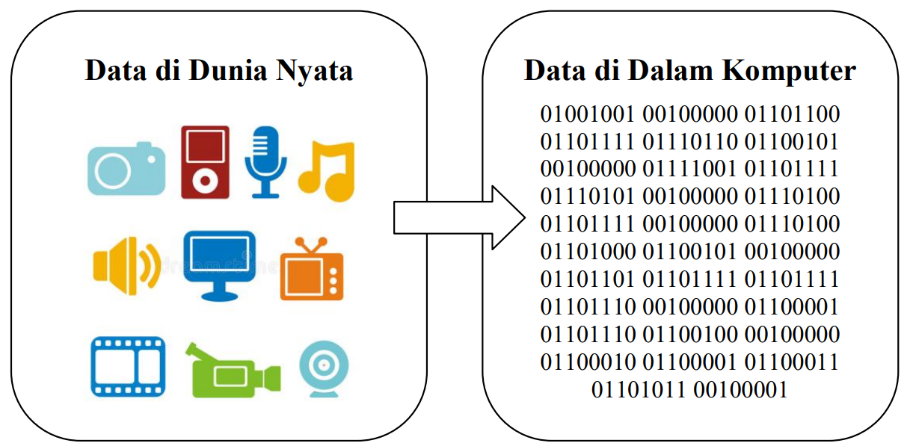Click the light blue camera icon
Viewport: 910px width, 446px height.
pyautogui.click(x=126, y=169)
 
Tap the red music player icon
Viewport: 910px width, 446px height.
pyautogui.click(x=205, y=162)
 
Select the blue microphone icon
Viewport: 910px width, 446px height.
pyautogui.click(x=265, y=161)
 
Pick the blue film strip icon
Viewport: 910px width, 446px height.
pyautogui.click(x=128, y=365)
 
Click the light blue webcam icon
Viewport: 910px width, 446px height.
pyautogui.click(x=324, y=368)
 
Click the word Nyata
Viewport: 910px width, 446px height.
pyautogui.click(x=315, y=71)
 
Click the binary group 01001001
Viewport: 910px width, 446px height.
pyautogui.click(x=588, y=114)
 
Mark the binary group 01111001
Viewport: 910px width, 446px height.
pyautogui.click(x=690, y=169)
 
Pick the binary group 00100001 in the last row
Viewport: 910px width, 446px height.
pyautogui.click(x=741, y=389)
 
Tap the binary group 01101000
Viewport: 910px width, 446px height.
pyautogui.click(x=588, y=251)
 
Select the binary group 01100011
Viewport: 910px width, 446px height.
pyautogui.click(x=792, y=362)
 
